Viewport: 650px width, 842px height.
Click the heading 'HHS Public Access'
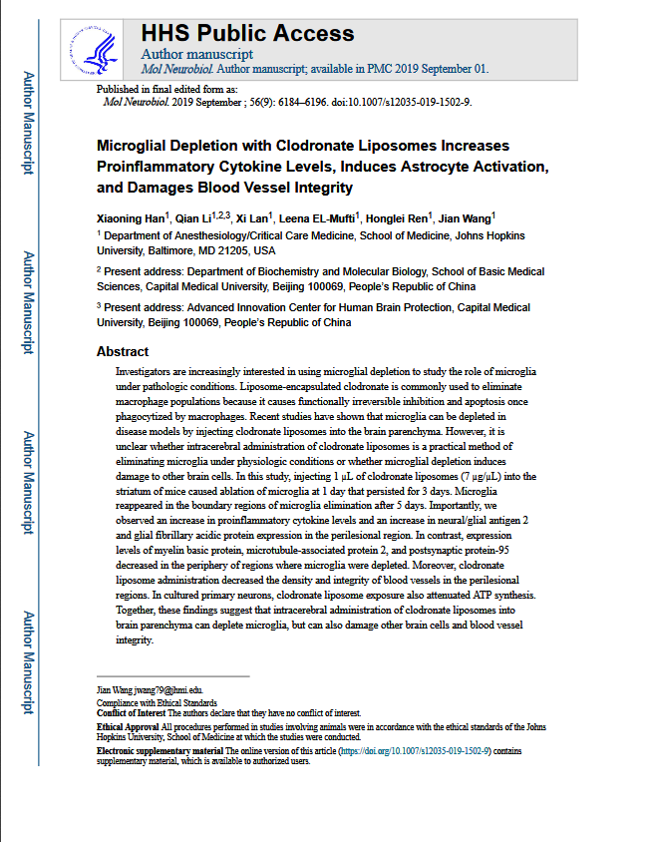tap(234, 34)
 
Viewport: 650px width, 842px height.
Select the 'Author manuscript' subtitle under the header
tap(197, 54)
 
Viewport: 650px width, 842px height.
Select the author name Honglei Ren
tap(397, 217)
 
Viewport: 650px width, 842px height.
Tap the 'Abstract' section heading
tap(123, 351)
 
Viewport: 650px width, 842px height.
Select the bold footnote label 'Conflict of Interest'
tap(130, 713)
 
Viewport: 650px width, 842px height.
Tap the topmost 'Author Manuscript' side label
tap(29, 122)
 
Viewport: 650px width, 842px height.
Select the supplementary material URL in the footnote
tap(414, 750)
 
